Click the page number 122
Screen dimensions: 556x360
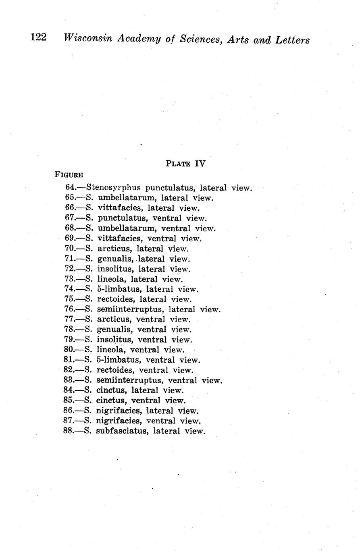39,38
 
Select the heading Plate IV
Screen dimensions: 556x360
185,164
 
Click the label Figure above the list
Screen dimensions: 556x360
69,175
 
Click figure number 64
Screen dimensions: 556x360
71,188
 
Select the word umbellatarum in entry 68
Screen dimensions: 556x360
123,228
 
